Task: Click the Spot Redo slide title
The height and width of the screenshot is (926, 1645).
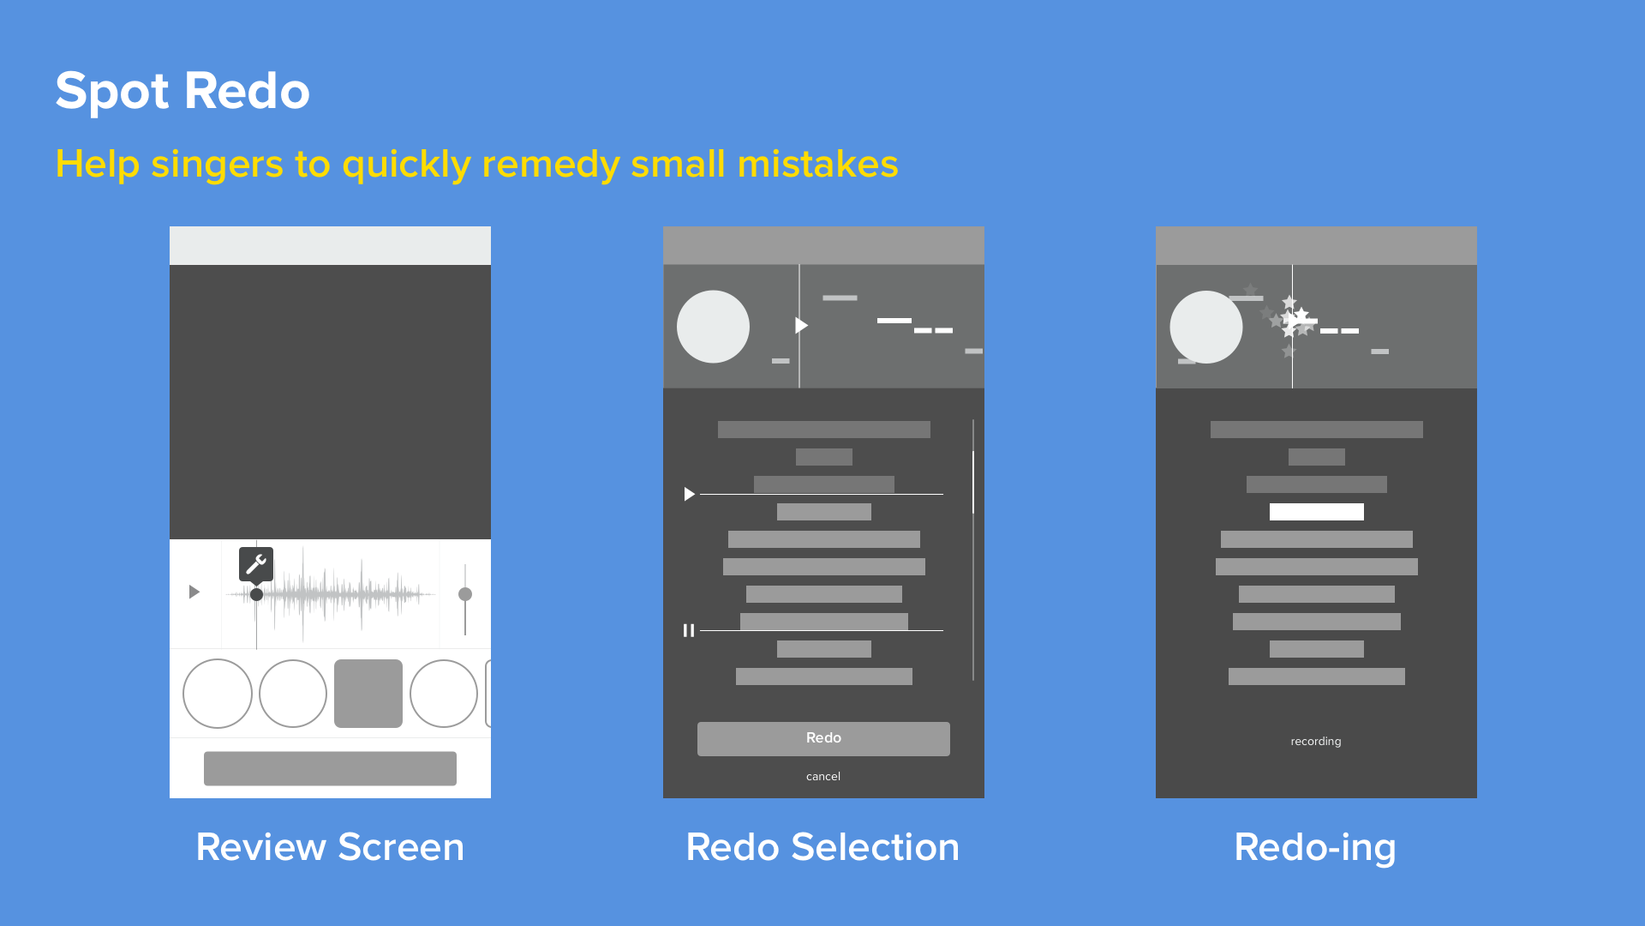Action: click(182, 91)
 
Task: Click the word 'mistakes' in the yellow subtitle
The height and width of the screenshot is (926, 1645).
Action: click(817, 164)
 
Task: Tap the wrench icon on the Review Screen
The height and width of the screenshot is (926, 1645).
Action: click(256, 564)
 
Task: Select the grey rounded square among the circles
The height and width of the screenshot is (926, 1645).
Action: click(368, 694)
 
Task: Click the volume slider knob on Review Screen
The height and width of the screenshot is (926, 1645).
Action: click(465, 594)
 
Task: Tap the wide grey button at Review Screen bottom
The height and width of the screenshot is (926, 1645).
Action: click(330, 768)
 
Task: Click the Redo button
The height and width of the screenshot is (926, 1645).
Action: click(823, 738)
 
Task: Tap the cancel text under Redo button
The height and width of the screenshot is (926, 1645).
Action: click(823, 777)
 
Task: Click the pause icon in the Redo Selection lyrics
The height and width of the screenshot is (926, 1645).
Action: click(689, 631)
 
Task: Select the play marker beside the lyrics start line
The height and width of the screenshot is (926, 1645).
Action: click(689, 494)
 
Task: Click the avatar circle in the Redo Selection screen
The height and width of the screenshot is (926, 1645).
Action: click(713, 327)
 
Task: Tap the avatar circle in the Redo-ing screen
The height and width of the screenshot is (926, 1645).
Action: click(1205, 327)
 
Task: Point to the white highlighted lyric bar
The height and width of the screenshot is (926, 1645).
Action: click(1316, 512)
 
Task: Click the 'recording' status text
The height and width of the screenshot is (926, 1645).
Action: click(1316, 742)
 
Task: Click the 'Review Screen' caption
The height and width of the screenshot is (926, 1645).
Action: click(330, 847)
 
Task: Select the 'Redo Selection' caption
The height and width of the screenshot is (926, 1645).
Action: click(822, 847)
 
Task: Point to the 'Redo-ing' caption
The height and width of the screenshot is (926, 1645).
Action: click(1315, 847)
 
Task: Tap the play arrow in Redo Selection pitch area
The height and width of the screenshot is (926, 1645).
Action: click(801, 326)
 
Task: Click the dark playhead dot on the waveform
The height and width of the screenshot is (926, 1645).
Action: click(256, 594)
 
